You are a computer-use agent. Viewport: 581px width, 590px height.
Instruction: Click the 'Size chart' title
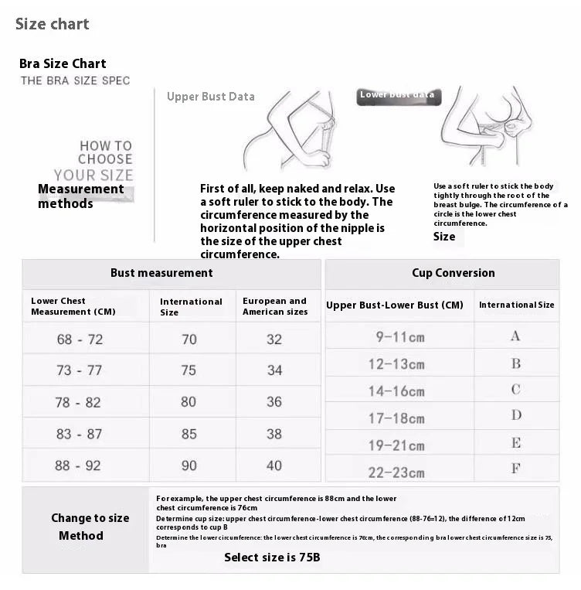click(53, 24)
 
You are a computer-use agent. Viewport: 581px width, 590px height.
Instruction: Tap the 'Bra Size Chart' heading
click(63, 63)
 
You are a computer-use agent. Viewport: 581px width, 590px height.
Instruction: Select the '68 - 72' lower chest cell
click(79, 339)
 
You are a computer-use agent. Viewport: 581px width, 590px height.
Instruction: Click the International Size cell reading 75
click(189, 370)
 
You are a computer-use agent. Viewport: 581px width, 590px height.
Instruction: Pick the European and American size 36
click(274, 402)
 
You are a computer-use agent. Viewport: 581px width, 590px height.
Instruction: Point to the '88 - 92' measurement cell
click(79, 466)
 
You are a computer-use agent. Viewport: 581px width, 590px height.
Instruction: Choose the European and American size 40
click(274, 466)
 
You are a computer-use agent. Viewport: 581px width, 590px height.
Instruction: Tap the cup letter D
click(515, 416)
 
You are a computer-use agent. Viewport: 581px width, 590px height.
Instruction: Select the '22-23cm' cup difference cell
click(396, 469)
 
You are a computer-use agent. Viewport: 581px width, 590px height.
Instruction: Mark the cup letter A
click(515, 336)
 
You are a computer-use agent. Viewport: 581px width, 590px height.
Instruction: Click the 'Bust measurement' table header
click(161, 273)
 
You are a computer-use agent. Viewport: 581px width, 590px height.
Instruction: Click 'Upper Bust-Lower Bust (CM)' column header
click(395, 305)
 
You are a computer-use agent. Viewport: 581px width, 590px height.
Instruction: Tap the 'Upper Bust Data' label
click(210, 97)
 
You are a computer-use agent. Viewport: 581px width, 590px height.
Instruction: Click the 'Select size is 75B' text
click(272, 557)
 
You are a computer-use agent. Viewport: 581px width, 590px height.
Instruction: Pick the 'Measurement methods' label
click(80, 196)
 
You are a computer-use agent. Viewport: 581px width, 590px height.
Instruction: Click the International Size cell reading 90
click(189, 466)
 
